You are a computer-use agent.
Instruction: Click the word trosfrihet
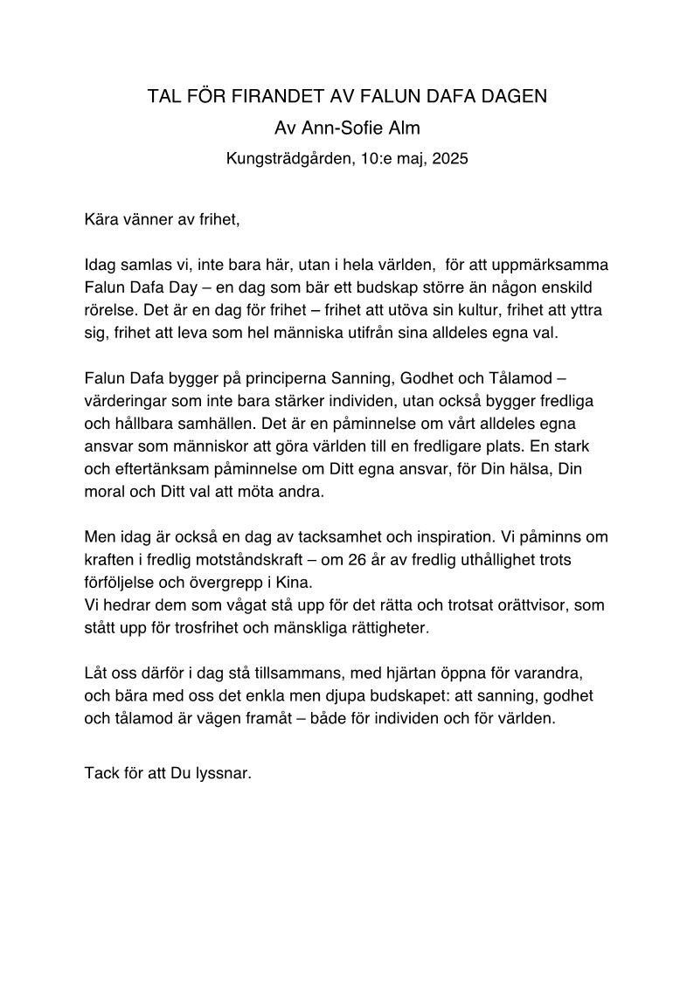(x=239, y=627)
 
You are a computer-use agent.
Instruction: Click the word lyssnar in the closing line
(x=224, y=773)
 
